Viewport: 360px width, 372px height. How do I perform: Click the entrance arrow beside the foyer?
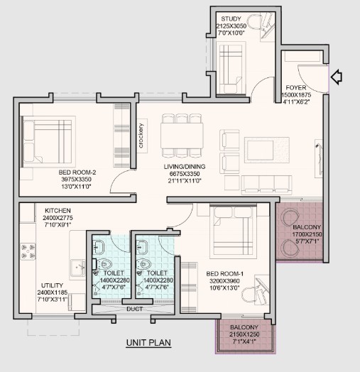click(337, 77)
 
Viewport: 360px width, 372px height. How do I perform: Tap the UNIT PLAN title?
click(148, 343)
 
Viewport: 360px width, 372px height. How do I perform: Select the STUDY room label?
click(231, 18)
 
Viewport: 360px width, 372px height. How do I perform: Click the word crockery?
click(141, 136)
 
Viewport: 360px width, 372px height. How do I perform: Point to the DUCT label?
click(134, 309)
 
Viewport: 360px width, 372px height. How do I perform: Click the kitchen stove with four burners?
click(28, 251)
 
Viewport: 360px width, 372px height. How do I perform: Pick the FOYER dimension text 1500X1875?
click(296, 95)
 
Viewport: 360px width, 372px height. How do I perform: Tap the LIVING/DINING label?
click(185, 167)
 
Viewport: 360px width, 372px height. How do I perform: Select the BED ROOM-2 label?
click(77, 172)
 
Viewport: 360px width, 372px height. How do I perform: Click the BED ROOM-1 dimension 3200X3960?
click(224, 281)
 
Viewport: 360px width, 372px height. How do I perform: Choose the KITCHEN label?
click(58, 210)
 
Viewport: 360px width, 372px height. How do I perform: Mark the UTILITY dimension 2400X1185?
click(53, 292)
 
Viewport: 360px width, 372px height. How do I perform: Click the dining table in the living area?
click(182, 136)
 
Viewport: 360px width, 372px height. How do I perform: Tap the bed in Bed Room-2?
click(47, 142)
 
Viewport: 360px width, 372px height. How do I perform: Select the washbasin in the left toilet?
click(98, 246)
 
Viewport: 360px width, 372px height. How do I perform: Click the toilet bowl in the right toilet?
click(144, 264)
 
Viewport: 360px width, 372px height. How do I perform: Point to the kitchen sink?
click(77, 268)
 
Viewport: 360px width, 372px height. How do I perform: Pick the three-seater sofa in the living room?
click(266, 185)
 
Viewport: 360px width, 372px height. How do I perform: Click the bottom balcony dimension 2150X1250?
click(244, 334)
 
